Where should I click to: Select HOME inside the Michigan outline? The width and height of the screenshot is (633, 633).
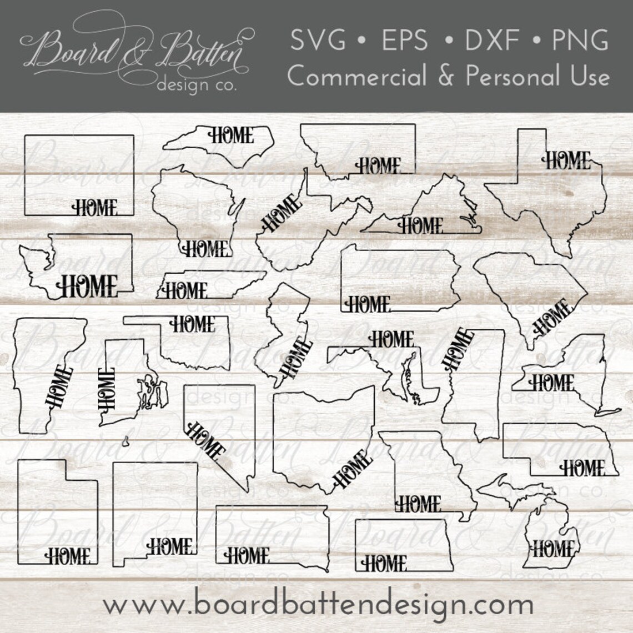point(553,549)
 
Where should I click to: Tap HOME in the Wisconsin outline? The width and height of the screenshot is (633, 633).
point(205,248)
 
